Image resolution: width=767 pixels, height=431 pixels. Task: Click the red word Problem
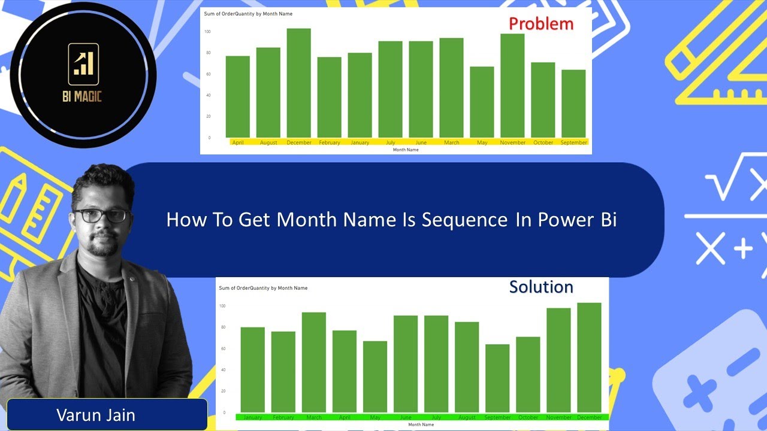[x=541, y=24]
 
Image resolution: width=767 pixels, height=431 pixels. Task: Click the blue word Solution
[x=541, y=287]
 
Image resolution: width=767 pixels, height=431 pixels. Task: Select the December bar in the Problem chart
[x=298, y=83]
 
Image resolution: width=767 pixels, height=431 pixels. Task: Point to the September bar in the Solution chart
[x=497, y=378]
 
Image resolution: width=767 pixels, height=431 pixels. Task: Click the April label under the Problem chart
[x=238, y=142]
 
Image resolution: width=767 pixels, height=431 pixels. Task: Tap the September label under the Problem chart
[x=573, y=142]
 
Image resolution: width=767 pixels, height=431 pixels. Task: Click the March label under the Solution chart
[x=314, y=417]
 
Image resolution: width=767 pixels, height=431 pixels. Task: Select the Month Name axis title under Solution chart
[x=421, y=424]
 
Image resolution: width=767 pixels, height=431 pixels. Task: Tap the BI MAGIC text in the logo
[x=83, y=96]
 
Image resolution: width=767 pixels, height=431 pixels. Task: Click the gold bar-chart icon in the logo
[x=83, y=63]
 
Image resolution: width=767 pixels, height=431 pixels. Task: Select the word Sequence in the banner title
[x=464, y=220]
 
